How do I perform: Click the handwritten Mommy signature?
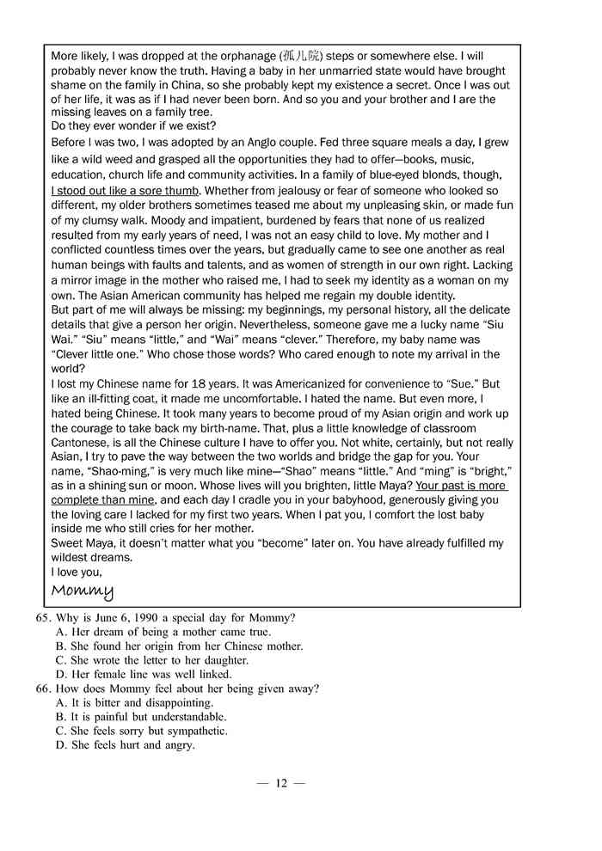(83, 591)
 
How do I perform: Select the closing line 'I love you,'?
(77, 572)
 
